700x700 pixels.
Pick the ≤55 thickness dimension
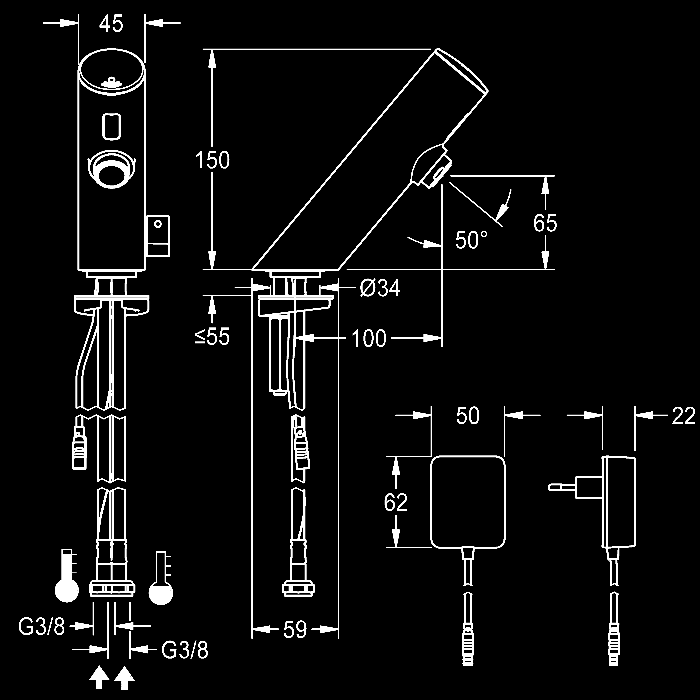(212, 337)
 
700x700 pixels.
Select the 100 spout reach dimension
(369, 339)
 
